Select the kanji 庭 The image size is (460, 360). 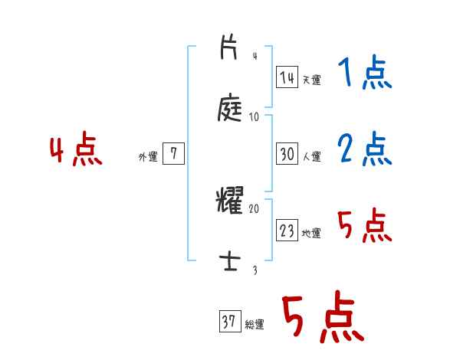pos(231,108)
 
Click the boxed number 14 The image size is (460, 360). pos(287,77)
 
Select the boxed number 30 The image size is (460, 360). pos(287,154)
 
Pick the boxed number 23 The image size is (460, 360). pos(287,231)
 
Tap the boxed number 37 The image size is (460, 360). pos(228,322)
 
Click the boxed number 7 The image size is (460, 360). pos(173,154)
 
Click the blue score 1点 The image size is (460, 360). pos(364,75)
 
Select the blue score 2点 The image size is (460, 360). pos(364,149)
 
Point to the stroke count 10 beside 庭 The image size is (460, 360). pos(255,117)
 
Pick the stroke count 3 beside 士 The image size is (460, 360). pos(255,270)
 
